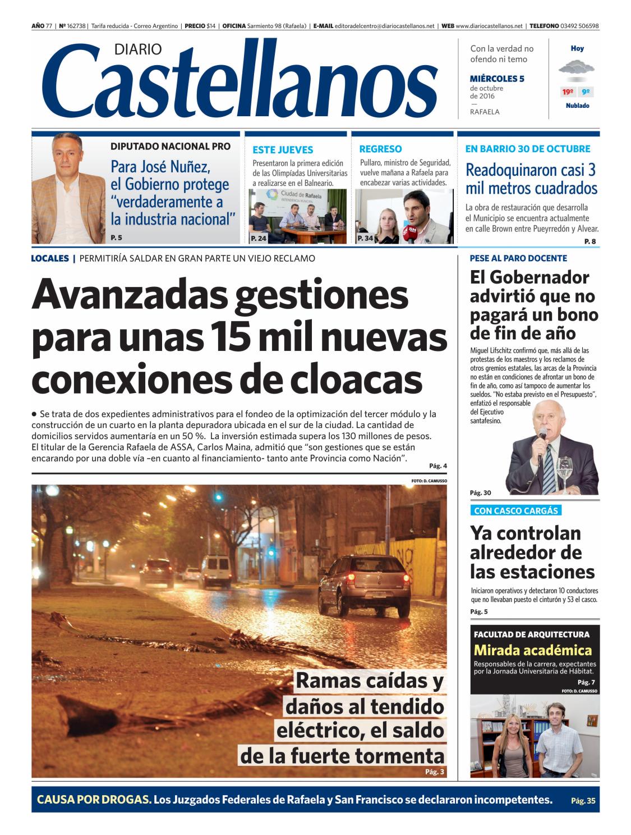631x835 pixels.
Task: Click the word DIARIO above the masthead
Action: (x=138, y=49)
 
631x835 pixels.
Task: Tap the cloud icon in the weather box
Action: (x=577, y=69)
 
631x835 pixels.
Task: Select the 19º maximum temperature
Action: (x=568, y=92)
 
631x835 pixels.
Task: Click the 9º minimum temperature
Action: (x=586, y=92)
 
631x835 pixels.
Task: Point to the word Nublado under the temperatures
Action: (x=577, y=106)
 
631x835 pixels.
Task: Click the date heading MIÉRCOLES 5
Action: (x=497, y=79)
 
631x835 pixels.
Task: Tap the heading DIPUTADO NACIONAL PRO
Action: (x=171, y=146)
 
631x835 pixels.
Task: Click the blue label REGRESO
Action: (x=380, y=149)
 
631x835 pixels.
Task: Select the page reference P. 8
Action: (x=590, y=241)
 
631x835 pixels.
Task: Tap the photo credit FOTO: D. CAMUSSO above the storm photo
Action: (x=429, y=481)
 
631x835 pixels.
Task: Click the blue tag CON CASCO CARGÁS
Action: (x=516, y=510)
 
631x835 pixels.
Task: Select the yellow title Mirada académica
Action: (x=533, y=650)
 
